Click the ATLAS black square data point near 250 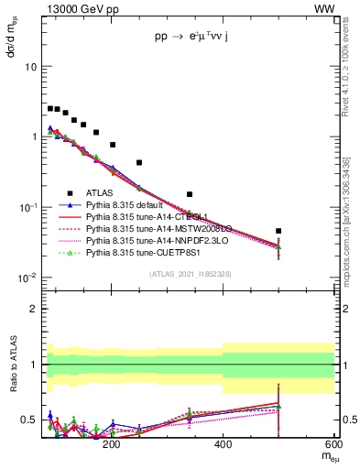pos(139,162)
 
